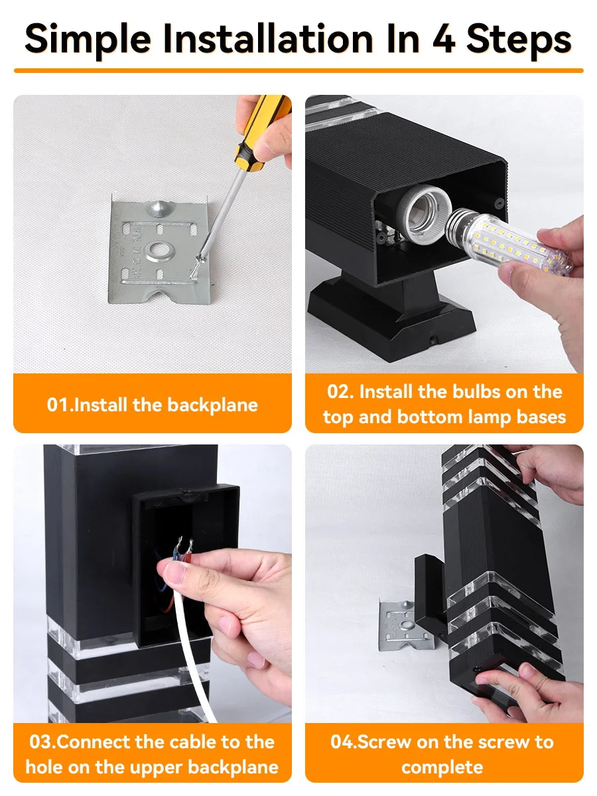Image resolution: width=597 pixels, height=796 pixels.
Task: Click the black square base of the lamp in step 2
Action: pos(391,318)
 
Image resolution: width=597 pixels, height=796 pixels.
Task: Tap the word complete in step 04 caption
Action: pos(442,767)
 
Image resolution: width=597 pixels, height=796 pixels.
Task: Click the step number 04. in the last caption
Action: pos(343,742)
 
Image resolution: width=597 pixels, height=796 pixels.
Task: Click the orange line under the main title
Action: pos(298,70)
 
